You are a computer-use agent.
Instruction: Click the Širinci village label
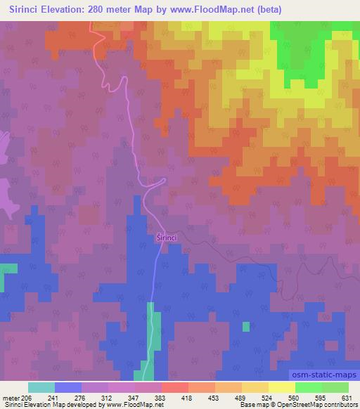tap(169, 238)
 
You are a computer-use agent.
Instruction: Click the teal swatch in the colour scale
tap(41, 387)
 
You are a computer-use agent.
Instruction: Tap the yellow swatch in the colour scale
tap(281, 387)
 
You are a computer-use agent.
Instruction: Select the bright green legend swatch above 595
tap(308, 387)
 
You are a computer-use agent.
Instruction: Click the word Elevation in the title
tap(72, 10)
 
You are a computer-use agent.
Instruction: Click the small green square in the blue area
tap(245, 326)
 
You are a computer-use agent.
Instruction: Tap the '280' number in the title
tap(116, 10)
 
